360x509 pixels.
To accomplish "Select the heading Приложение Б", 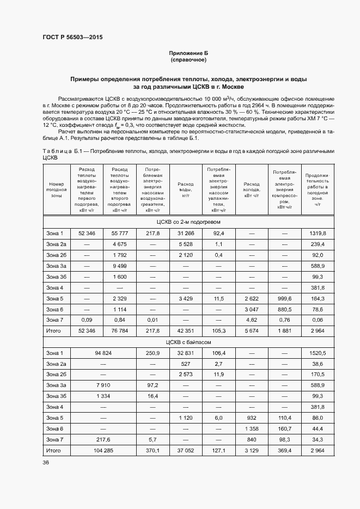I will [x=188, y=53].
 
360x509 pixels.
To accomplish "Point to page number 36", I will [x=46, y=462].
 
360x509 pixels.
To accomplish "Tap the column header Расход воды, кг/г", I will [x=186, y=188].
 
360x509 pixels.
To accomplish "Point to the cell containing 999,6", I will [x=285, y=299].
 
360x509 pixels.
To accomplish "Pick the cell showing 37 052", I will [x=186, y=451].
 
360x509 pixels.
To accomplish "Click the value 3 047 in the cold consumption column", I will [x=252, y=309].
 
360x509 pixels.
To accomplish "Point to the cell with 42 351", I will [x=186, y=331].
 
